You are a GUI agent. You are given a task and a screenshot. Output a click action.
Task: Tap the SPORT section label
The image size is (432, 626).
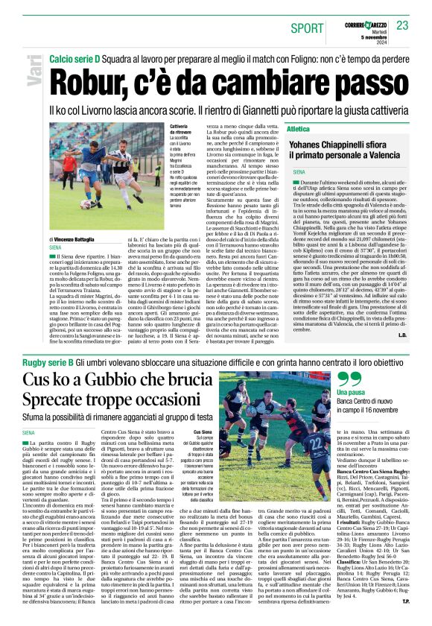308,28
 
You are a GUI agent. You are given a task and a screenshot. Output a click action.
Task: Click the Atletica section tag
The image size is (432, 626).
298,128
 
